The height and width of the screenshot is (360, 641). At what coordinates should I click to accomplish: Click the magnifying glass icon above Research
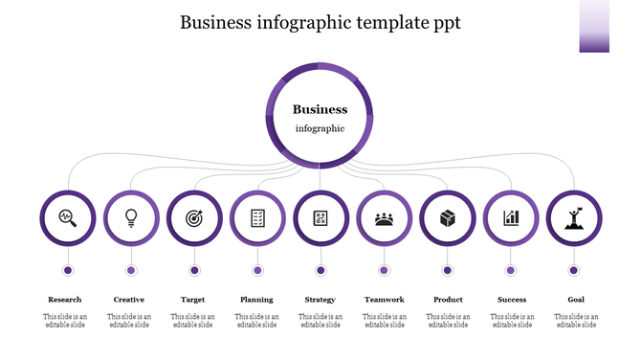click(67, 217)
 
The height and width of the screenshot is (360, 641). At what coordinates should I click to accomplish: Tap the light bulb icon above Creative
click(131, 217)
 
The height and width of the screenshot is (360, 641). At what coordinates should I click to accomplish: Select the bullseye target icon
click(194, 217)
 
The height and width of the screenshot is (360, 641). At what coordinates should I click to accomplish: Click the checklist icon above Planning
click(257, 217)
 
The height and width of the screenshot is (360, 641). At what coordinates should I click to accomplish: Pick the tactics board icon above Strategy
click(320, 217)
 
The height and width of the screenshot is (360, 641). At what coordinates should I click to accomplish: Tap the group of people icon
click(384, 218)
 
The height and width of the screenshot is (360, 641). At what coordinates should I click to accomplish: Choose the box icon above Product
click(447, 217)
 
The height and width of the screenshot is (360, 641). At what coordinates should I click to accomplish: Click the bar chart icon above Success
click(511, 217)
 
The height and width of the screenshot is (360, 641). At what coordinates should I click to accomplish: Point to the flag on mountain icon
click(574, 217)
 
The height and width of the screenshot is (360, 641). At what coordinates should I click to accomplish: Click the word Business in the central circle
click(320, 110)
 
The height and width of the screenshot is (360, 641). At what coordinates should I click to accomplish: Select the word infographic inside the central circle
click(320, 128)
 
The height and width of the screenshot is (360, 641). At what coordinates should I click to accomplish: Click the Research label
click(65, 300)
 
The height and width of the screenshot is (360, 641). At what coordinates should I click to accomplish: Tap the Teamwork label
click(384, 300)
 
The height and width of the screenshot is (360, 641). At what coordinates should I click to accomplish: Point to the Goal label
click(576, 300)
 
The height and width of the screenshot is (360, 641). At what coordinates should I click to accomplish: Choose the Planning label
click(256, 300)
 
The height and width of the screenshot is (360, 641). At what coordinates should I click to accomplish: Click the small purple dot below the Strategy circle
click(320, 270)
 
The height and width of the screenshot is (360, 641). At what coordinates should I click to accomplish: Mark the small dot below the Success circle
click(511, 270)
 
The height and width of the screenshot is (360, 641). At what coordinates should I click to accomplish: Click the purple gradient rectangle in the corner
click(594, 26)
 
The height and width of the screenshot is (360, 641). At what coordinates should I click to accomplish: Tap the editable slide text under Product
click(448, 321)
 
